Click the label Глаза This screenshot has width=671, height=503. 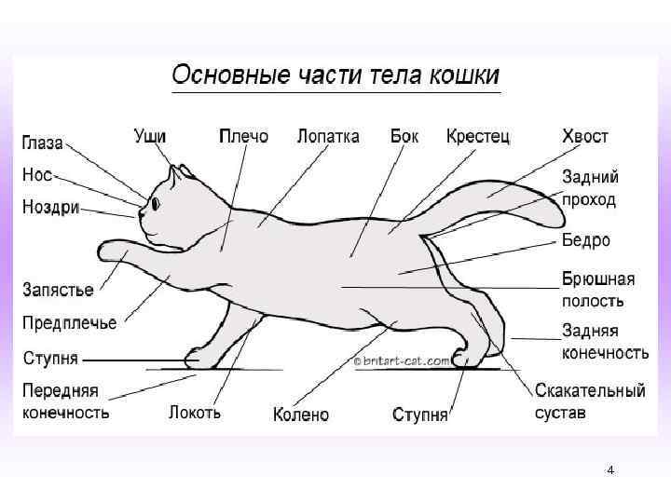pyautogui.click(x=43, y=143)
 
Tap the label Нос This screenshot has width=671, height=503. pyautogui.click(x=37, y=174)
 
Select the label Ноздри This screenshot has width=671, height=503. pyautogui.click(x=51, y=207)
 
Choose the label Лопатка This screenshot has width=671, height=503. pyautogui.click(x=328, y=136)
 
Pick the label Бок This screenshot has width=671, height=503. pyautogui.click(x=404, y=136)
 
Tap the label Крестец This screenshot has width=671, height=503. pyautogui.click(x=478, y=136)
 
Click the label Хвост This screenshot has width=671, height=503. pyautogui.click(x=585, y=136)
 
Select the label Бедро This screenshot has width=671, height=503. pyautogui.click(x=586, y=240)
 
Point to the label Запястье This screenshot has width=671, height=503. pyautogui.click(x=58, y=290)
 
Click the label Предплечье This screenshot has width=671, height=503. pyautogui.click(x=70, y=323)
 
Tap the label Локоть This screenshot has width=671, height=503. pyautogui.click(x=195, y=412)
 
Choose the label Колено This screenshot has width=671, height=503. pyautogui.click(x=301, y=414)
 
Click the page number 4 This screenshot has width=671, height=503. pyautogui.click(x=610, y=470)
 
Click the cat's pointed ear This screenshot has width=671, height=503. pyautogui.click(x=173, y=174)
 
